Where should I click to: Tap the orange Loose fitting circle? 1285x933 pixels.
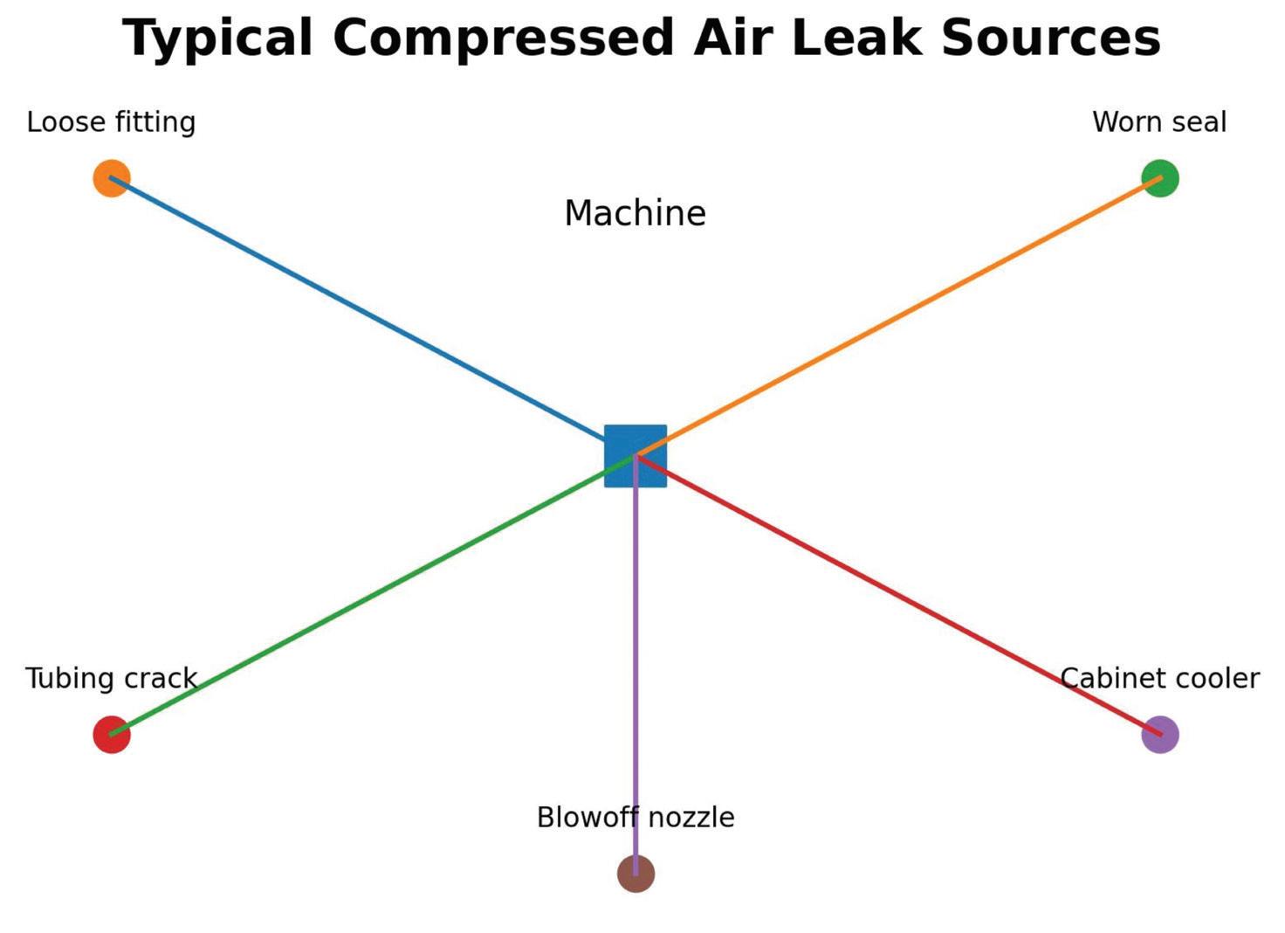112,178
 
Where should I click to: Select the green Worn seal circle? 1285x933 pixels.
1160,178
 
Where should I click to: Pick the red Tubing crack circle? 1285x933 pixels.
112,735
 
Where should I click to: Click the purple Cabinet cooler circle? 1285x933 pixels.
1160,735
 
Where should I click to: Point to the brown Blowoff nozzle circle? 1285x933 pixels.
636,874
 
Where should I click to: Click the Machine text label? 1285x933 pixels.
635,213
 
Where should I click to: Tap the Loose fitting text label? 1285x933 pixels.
111,122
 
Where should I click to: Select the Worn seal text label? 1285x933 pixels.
1159,122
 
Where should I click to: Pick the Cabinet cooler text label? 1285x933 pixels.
1159,679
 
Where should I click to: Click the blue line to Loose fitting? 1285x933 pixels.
374,317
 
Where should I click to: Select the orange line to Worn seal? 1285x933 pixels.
897,317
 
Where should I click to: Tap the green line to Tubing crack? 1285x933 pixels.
374,595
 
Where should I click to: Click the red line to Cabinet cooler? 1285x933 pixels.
897,595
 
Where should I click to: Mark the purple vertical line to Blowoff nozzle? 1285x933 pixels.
636,664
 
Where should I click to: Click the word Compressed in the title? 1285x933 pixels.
503,39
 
